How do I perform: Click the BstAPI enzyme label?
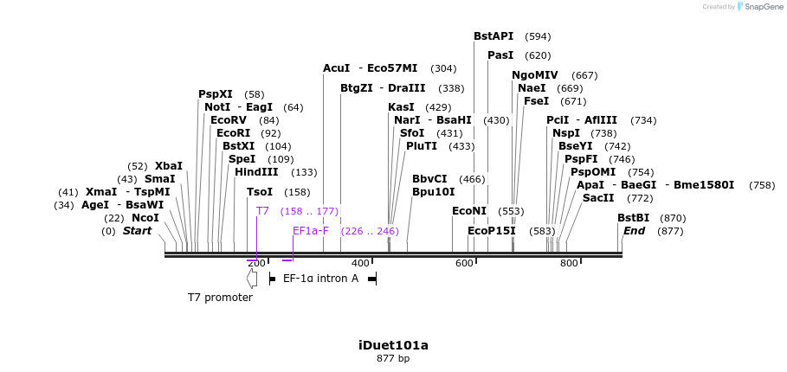click(x=493, y=36)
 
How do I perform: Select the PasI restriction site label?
click(x=500, y=55)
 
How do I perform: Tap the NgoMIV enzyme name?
click(x=535, y=75)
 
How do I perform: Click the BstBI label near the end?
click(x=633, y=218)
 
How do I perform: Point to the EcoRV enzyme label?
click(x=229, y=120)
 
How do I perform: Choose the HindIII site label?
click(x=256, y=172)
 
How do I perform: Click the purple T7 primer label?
click(x=262, y=211)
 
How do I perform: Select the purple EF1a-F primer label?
click(x=311, y=231)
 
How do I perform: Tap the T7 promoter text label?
click(x=220, y=298)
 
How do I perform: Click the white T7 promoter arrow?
click(x=252, y=279)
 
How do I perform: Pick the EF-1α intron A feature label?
click(x=320, y=279)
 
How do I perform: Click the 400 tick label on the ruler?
click(x=360, y=263)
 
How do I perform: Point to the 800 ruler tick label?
click(x=568, y=263)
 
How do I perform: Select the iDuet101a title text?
click(x=393, y=345)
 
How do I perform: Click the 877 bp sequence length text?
click(x=393, y=358)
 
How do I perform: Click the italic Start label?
click(x=137, y=231)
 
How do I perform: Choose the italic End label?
click(x=634, y=231)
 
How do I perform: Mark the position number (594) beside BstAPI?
click(x=538, y=36)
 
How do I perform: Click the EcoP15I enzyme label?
click(x=491, y=231)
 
